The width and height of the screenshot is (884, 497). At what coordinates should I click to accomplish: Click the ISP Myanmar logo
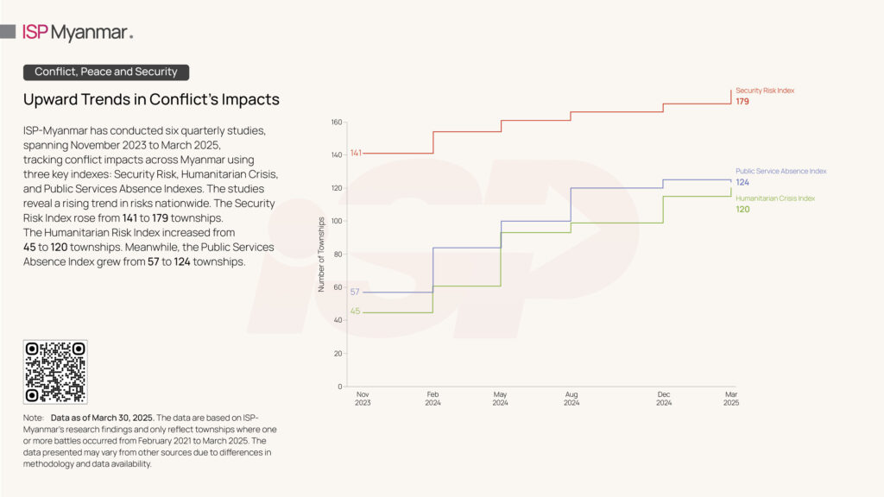click(x=77, y=33)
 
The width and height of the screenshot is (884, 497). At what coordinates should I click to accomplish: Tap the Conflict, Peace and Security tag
click(x=106, y=72)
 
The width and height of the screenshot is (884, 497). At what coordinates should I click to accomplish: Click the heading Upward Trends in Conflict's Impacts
click(x=151, y=99)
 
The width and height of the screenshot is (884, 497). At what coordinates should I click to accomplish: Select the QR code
click(x=55, y=372)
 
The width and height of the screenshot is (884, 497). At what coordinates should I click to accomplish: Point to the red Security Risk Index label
click(x=764, y=91)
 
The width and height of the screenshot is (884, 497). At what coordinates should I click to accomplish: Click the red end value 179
click(x=742, y=102)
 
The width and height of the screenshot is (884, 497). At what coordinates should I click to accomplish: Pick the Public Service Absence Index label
click(x=780, y=171)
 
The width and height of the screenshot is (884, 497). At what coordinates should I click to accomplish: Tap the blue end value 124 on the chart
click(x=742, y=182)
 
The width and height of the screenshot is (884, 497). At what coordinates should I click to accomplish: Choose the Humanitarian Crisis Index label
click(x=775, y=198)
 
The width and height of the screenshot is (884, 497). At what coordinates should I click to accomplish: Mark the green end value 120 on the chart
click(x=742, y=210)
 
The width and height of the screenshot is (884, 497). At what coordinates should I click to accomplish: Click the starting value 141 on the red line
click(x=356, y=154)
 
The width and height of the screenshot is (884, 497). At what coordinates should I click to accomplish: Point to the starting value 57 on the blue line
click(x=354, y=293)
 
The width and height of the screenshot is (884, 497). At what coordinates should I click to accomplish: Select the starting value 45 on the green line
click(x=354, y=312)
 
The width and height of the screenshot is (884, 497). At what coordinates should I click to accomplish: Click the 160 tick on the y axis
click(x=336, y=122)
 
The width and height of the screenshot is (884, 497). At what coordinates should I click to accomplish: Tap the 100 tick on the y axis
click(x=336, y=221)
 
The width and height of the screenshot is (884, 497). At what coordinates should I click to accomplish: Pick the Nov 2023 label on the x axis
click(x=363, y=399)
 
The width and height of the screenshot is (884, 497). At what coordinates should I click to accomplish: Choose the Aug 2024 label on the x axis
click(x=571, y=399)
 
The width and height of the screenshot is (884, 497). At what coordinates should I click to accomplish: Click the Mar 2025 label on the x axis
click(x=731, y=399)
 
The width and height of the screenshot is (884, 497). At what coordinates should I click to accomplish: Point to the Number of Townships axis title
click(x=322, y=255)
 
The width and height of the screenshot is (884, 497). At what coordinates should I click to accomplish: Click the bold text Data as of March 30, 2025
click(x=102, y=418)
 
